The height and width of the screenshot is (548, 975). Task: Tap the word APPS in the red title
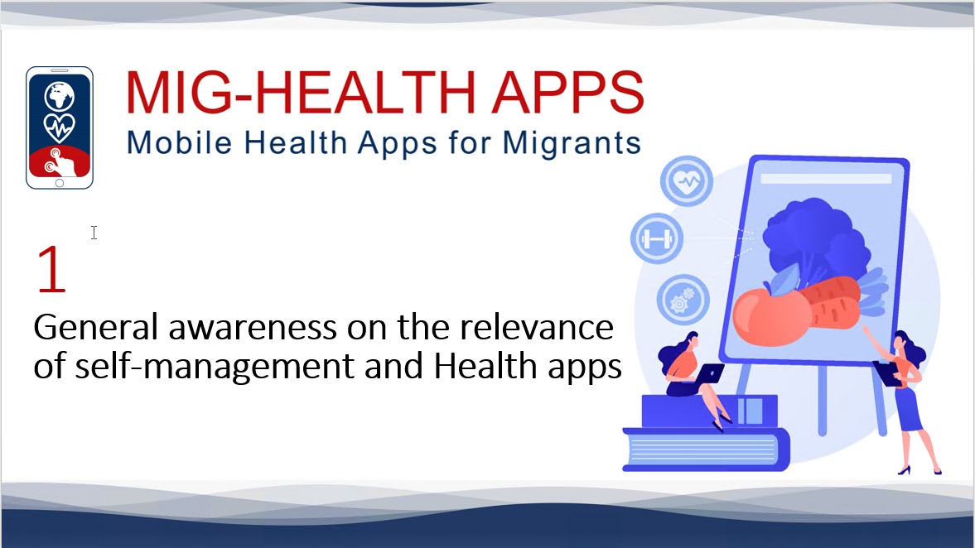tap(568, 93)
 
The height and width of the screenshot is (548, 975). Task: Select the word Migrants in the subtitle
tap(572, 143)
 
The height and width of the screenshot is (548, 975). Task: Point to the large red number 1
tap(51, 269)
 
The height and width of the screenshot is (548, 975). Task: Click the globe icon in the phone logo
tap(59, 96)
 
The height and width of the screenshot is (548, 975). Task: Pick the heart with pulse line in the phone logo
tap(59, 127)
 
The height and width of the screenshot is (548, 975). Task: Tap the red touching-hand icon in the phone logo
tap(60, 161)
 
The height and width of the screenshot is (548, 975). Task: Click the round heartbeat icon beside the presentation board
tap(687, 181)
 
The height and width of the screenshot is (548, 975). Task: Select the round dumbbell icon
tap(657, 238)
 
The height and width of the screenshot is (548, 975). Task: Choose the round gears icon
tap(683, 300)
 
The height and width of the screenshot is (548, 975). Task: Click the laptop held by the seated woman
tap(708, 374)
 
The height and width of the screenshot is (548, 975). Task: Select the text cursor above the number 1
tap(94, 233)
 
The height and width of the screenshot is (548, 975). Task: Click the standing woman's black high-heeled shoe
tap(905, 470)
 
